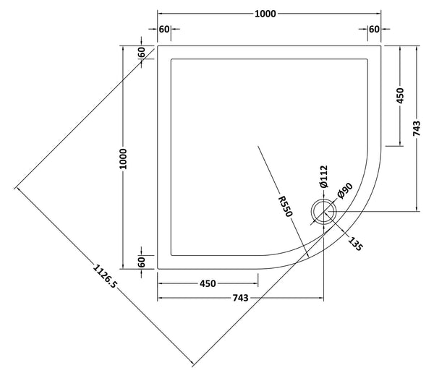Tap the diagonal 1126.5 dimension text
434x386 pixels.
click(104, 282)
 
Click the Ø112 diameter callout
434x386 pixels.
click(324, 177)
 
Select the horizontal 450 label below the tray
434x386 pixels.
click(208, 283)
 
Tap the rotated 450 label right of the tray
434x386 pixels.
click(400, 95)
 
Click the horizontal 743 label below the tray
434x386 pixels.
click(240, 298)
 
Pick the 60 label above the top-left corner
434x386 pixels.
click(164, 30)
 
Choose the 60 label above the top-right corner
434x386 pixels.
click(374, 30)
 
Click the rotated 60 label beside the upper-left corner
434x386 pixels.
click(142, 53)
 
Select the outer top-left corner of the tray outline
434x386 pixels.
click(158, 46)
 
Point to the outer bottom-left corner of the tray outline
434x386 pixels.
click(158, 267)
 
